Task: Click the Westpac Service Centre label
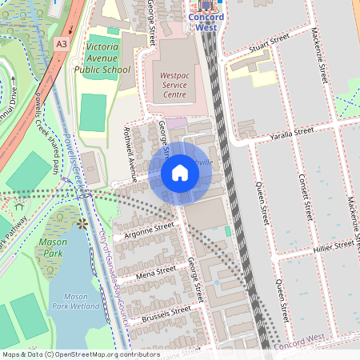[170, 78]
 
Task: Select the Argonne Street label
[144, 231]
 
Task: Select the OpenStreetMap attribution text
[81, 354]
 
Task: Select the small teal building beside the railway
[227, 231]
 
